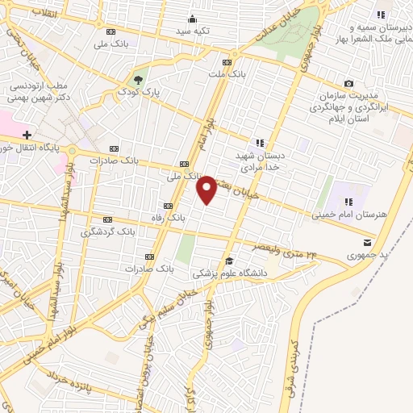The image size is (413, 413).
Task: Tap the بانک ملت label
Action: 227,74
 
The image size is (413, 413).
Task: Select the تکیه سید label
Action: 193,31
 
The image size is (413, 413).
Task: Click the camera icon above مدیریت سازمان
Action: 348,83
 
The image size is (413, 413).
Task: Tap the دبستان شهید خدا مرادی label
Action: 259,160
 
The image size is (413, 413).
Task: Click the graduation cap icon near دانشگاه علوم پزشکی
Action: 229,261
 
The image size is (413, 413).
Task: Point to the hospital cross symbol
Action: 27,134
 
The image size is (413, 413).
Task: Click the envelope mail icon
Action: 367,243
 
